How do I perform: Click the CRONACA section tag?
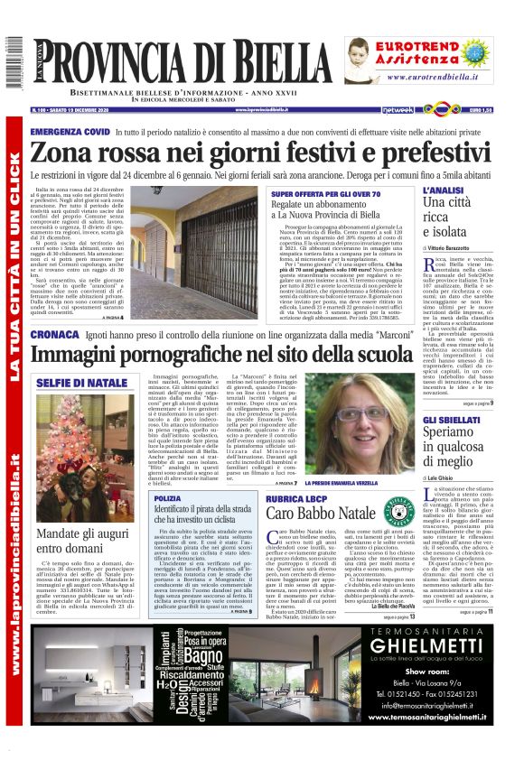tap(55, 334)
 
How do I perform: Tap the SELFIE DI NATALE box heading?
tap(82, 383)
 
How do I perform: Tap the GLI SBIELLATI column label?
tap(451, 421)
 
